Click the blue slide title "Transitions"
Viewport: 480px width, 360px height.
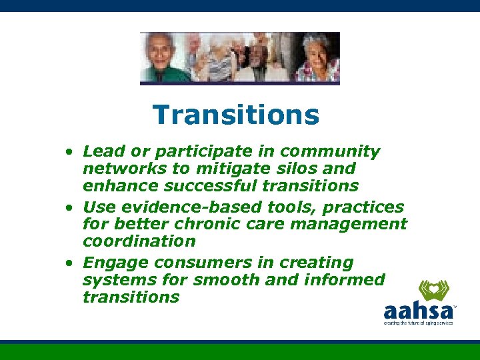click(x=236, y=115)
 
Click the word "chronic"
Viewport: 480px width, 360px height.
click(x=216, y=224)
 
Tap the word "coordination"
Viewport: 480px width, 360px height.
click(x=139, y=241)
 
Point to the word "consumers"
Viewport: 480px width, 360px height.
click(x=198, y=263)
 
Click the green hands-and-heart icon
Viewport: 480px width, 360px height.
click(x=433, y=291)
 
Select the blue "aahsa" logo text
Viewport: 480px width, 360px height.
click(x=417, y=311)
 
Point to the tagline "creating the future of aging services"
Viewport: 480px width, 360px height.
click(x=418, y=323)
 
